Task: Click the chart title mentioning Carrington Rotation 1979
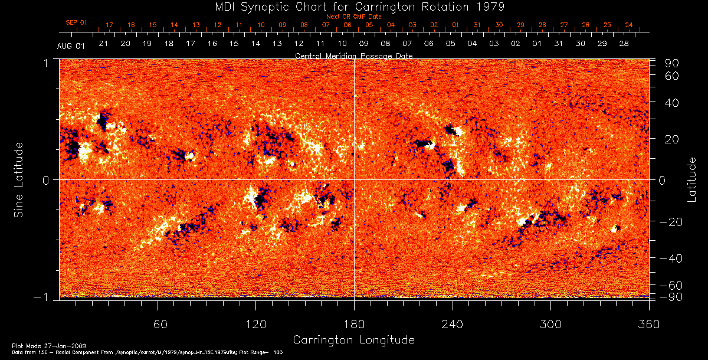click(x=353, y=6)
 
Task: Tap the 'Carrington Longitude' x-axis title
click(x=353, y=340)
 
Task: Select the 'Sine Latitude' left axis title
click(x=19, y=179)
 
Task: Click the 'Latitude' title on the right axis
click(x=692, y=179)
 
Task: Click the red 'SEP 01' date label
click(x=76, y=22)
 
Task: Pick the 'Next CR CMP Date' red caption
click(x=353, y=17)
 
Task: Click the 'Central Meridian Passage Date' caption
click(x=353, y=55)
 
